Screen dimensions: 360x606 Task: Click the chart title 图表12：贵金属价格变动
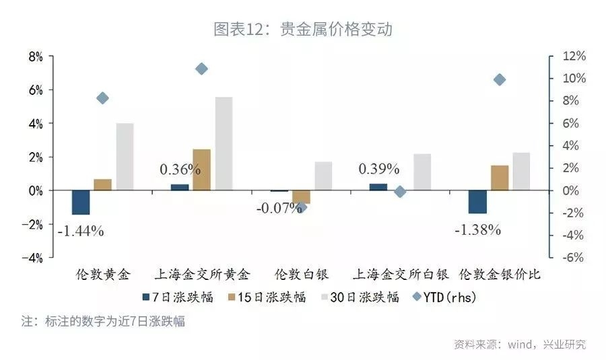point(302,30)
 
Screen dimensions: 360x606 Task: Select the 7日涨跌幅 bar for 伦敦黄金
point(81,203)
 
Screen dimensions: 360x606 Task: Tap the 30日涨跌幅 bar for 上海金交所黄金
point(224,144)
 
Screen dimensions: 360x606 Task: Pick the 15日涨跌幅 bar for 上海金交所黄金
point(201,170)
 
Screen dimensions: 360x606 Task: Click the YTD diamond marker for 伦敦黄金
point(102,98)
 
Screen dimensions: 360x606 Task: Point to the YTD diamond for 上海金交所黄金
point(201,69)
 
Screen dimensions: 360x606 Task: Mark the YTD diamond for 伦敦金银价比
point(499,80)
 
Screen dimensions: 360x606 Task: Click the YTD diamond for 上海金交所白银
point(400,192)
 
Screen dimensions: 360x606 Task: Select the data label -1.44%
point(81,231)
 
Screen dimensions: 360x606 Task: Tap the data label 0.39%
point(379,169)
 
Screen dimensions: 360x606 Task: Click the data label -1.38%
point(478,230)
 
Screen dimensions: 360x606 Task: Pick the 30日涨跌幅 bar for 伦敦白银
point(323,176)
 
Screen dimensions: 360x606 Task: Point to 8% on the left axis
point(35,57)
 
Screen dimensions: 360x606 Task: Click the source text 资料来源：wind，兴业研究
point(519,345)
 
